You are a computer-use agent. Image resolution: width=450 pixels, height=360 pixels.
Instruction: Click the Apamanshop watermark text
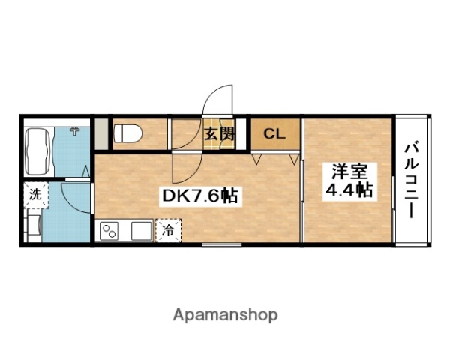[225, 315]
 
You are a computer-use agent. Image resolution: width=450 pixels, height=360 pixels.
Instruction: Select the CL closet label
[274, 135]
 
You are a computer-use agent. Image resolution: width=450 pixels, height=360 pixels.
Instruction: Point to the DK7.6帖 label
[200, 196]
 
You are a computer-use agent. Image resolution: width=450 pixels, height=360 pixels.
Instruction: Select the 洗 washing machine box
[34, 193]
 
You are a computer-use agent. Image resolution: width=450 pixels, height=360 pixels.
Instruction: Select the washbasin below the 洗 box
[34, 224]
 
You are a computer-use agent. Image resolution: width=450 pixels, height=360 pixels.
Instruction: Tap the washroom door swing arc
[75, 196]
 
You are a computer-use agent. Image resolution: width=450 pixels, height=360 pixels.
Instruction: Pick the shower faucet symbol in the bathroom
[75, 133]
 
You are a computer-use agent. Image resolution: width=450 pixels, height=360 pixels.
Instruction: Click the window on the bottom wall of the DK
[216, 244]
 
